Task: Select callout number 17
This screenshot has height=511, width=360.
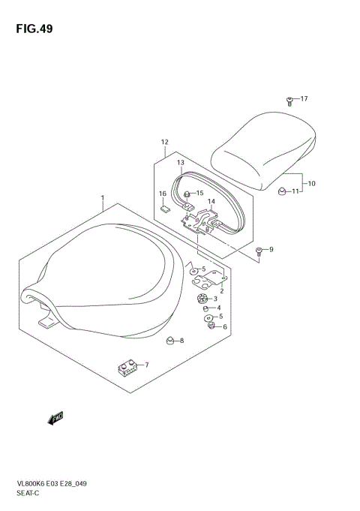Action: point(304,99)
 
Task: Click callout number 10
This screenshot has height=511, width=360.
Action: point(312,183)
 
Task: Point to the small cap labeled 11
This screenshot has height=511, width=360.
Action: point(283,192)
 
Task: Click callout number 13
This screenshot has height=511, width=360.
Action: point(181,163)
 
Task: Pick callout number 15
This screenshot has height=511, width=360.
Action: point(200,193)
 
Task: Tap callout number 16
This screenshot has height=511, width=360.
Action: point(162,194)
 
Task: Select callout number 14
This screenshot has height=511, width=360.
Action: point(211,201)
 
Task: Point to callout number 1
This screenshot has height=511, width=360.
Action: point(102,199)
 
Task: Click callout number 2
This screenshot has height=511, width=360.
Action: point(222,290)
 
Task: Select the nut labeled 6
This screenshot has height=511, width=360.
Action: point(213,326)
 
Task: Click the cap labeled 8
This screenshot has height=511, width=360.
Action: point(171,341)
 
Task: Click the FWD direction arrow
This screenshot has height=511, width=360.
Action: point(55,419)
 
